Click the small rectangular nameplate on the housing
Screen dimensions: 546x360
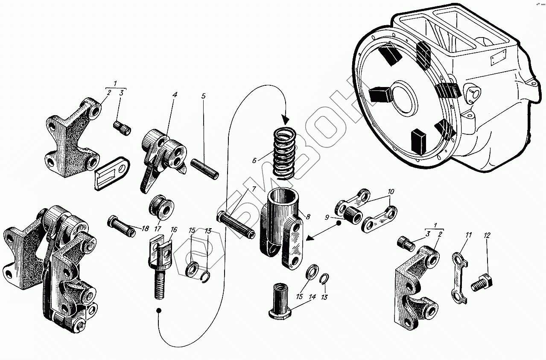tap(498, 58)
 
